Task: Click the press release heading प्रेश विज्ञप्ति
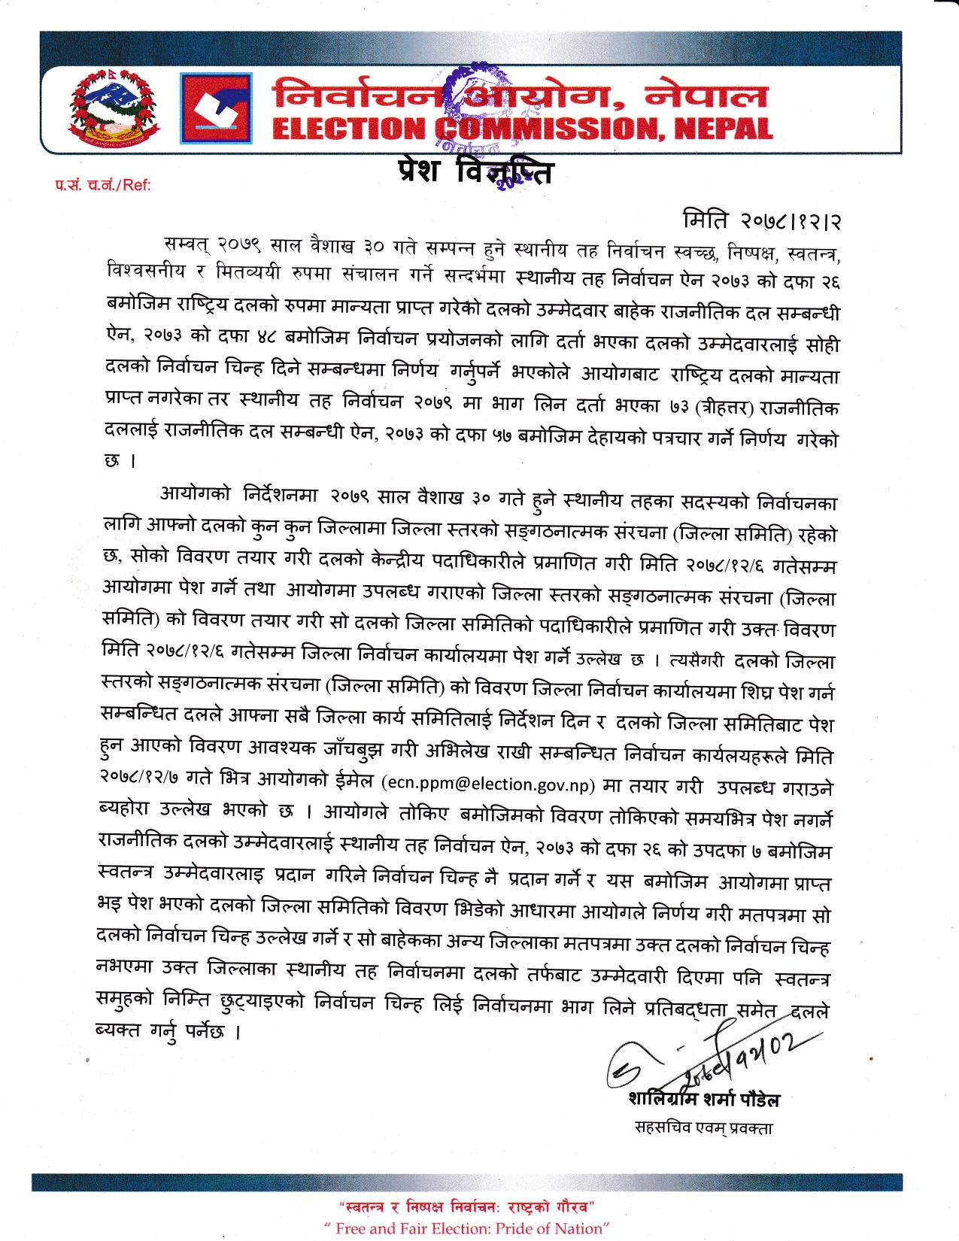[x=475, y=171]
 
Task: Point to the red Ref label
[x=102, y=185]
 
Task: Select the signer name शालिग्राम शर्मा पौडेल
[x=704, y=1100]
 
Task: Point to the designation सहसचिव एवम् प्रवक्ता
[x=703, y=1128]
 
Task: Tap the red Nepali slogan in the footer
[x=466, y=1207]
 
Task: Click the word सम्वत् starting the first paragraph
[x=187, y=245]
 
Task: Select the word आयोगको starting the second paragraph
[x=196, y=494]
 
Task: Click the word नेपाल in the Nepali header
[x=706, y=96]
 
